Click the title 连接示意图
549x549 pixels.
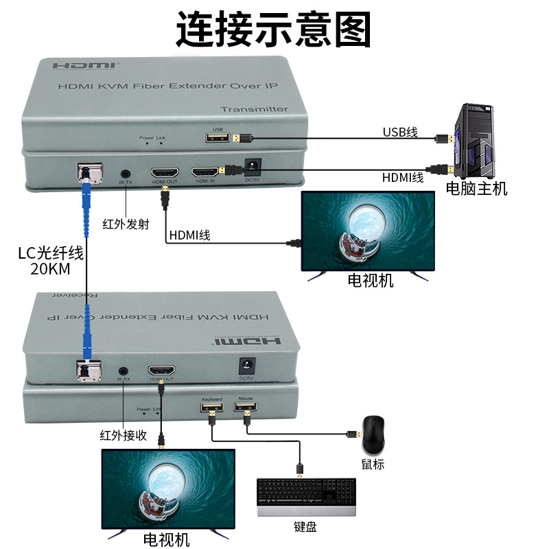[x=274, y=28]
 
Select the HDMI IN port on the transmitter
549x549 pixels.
[x=205, y=172]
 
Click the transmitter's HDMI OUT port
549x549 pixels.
[x=165, y=172]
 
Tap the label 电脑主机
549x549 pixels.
[x=476, y=189]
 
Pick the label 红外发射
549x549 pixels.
[x=126, y=224]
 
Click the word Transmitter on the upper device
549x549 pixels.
[x=254, y=109]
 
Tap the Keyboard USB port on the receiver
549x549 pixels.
[x=211, y=408]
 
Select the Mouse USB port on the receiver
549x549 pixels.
[x=246, y=408]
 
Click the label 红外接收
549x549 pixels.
[x=124, y=435]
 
